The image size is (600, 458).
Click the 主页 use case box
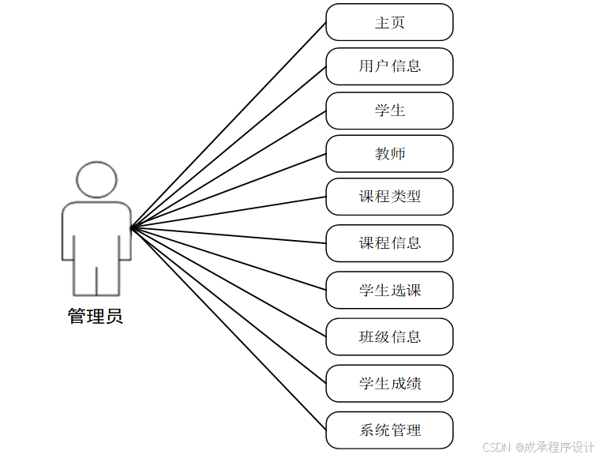(389, 22)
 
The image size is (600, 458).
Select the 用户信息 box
(389, 66)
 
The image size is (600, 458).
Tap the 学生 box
(389, 111)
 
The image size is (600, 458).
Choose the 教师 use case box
(389, 153)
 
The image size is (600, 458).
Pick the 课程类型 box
(389, 197)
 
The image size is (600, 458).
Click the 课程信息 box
(389, 243)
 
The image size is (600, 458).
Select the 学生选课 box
(389, 290)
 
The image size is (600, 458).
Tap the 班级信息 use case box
(389, 337)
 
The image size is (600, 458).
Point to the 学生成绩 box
(389, 384)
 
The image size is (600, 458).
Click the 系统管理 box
(389, 430)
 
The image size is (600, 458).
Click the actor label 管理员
(96, 317)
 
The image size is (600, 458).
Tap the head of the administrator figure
(96, 181)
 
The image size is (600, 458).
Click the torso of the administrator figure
(96, 233)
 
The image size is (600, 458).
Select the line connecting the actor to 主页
(229, 124)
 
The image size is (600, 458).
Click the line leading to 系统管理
(229, 329)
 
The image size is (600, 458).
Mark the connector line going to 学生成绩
(229, 306)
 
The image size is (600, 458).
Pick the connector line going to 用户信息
(229, 147)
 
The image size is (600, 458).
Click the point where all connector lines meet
(132, 227)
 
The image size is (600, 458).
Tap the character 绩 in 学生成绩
(413, 384)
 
